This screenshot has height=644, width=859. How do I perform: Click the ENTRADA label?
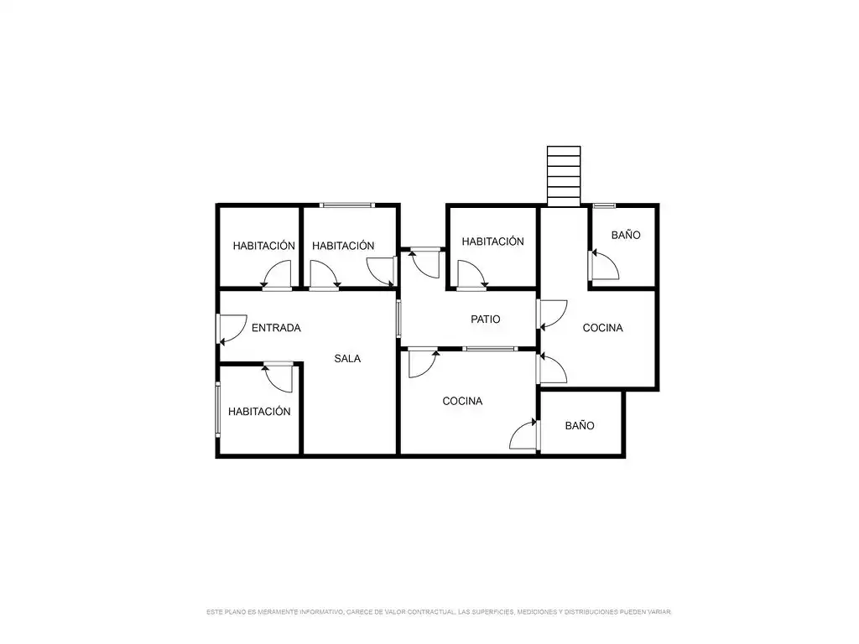[x=276, y=328]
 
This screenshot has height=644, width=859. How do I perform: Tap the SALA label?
[x=347, y=359]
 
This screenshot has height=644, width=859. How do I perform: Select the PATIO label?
[x=486, y=319]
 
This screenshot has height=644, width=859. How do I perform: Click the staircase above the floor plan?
[x=564, y=176]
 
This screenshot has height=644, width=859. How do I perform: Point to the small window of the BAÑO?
[x=604, y=206]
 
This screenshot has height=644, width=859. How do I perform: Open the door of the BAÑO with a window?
[x=605, y=265]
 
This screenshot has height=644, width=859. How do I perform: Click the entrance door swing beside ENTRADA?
[x=232, y=329]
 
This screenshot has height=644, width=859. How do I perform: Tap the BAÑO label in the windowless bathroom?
[x=580, y=425]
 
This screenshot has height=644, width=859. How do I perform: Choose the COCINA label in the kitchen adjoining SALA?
[x=462, y=402]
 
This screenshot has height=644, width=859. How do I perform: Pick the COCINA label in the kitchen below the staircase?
[x=602, y=328]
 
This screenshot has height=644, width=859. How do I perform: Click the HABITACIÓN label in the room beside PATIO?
[x=492, y=241]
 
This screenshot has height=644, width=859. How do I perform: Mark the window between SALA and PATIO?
[x=398, y=318]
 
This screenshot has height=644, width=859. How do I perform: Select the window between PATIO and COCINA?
[x=489, y=349]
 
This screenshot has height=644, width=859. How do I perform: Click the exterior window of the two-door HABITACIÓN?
[x=347, y=205]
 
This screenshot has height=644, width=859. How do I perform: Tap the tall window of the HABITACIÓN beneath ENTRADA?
[x=217, y=409]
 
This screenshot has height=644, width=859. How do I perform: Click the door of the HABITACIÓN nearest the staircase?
[x=471, y=274]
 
